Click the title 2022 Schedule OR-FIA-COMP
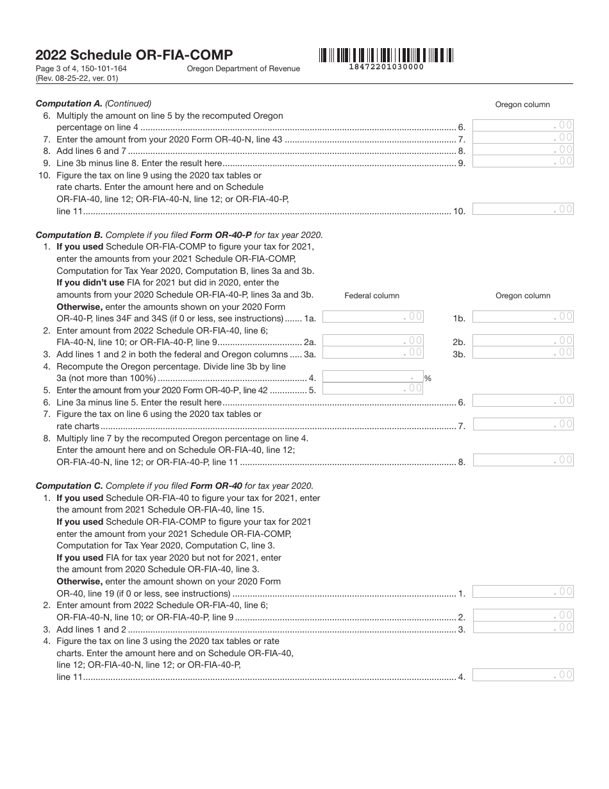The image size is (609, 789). [134, 55]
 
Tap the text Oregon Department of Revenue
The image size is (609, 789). [243, 69]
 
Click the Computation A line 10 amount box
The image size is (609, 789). [522, 208]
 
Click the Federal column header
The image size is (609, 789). [372, 296]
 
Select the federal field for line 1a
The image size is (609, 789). [372, 316]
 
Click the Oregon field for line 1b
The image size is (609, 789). [522, 316]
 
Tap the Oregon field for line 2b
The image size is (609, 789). [522, 341]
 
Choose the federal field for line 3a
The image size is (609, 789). [372, 352]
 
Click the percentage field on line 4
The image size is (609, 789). [372, 377]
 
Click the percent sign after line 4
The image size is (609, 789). [428, 378]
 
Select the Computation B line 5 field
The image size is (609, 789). [372, 388]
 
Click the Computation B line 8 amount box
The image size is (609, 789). [522, 460]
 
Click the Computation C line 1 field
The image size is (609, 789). [522, 591]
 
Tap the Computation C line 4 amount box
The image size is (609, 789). [522, 675]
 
